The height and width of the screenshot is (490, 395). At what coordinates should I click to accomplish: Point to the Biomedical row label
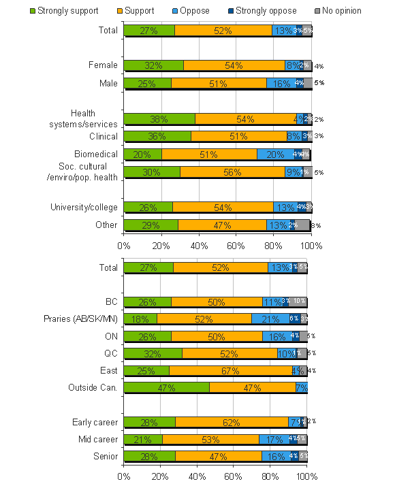(96, 154)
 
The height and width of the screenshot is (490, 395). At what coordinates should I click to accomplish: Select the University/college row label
(84, 207)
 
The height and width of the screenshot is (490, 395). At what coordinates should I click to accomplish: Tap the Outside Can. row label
(93, 387)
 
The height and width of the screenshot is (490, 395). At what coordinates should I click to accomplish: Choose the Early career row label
(95, 422)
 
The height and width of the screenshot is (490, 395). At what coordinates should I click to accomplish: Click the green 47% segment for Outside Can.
(166, 387)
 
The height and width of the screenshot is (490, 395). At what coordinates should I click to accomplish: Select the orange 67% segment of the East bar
(230, 370)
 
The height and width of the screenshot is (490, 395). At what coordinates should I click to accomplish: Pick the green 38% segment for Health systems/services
(159, 119)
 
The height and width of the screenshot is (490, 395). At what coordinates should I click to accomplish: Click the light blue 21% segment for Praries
(270, 318)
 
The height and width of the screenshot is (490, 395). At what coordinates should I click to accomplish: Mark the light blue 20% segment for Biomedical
(276, 154)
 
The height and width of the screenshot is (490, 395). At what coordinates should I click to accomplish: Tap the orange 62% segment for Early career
(232, 422)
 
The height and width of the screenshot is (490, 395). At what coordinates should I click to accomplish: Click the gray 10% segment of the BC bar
(298, 301)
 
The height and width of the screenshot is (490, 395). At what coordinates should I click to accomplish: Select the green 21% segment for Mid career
(143, 439)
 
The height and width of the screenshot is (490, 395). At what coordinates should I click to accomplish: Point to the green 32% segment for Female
(153, 65)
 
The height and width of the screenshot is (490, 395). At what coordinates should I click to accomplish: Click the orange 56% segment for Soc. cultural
(232, 172)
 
